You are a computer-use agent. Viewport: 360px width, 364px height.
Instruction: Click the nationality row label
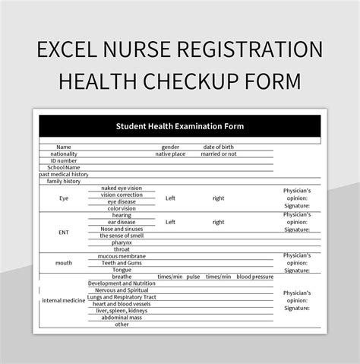[x=64, y=154]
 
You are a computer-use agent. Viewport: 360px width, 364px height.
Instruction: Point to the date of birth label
[x=219, y=147]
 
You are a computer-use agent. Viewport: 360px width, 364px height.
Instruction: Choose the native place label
[x=170, y=154]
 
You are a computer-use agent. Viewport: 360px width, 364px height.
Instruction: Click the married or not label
[x=219, y=154]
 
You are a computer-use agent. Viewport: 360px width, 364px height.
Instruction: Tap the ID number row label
[x=64, y=160]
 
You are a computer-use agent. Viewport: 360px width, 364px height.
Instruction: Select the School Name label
[x=64, y=167]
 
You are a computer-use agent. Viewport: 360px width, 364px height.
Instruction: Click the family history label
[x=64, y=181]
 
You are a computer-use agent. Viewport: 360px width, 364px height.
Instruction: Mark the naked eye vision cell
[x=122, y=188]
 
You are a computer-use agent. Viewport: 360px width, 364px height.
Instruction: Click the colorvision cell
[x=122, y=208]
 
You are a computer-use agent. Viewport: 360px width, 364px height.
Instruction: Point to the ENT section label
[x=64, y=232]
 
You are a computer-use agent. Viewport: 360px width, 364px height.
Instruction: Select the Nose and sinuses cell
[x=122, y=229]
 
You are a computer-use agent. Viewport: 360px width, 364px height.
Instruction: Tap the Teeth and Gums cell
[x=122, y=263]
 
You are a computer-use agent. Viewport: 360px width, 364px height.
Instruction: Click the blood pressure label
[x=254, y=277]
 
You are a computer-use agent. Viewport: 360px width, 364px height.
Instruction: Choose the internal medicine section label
[x=64, y=300]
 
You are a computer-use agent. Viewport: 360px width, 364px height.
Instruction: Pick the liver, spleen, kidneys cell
[x=122, y=311]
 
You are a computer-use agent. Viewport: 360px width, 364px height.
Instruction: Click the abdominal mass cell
[x=122, y=318]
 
